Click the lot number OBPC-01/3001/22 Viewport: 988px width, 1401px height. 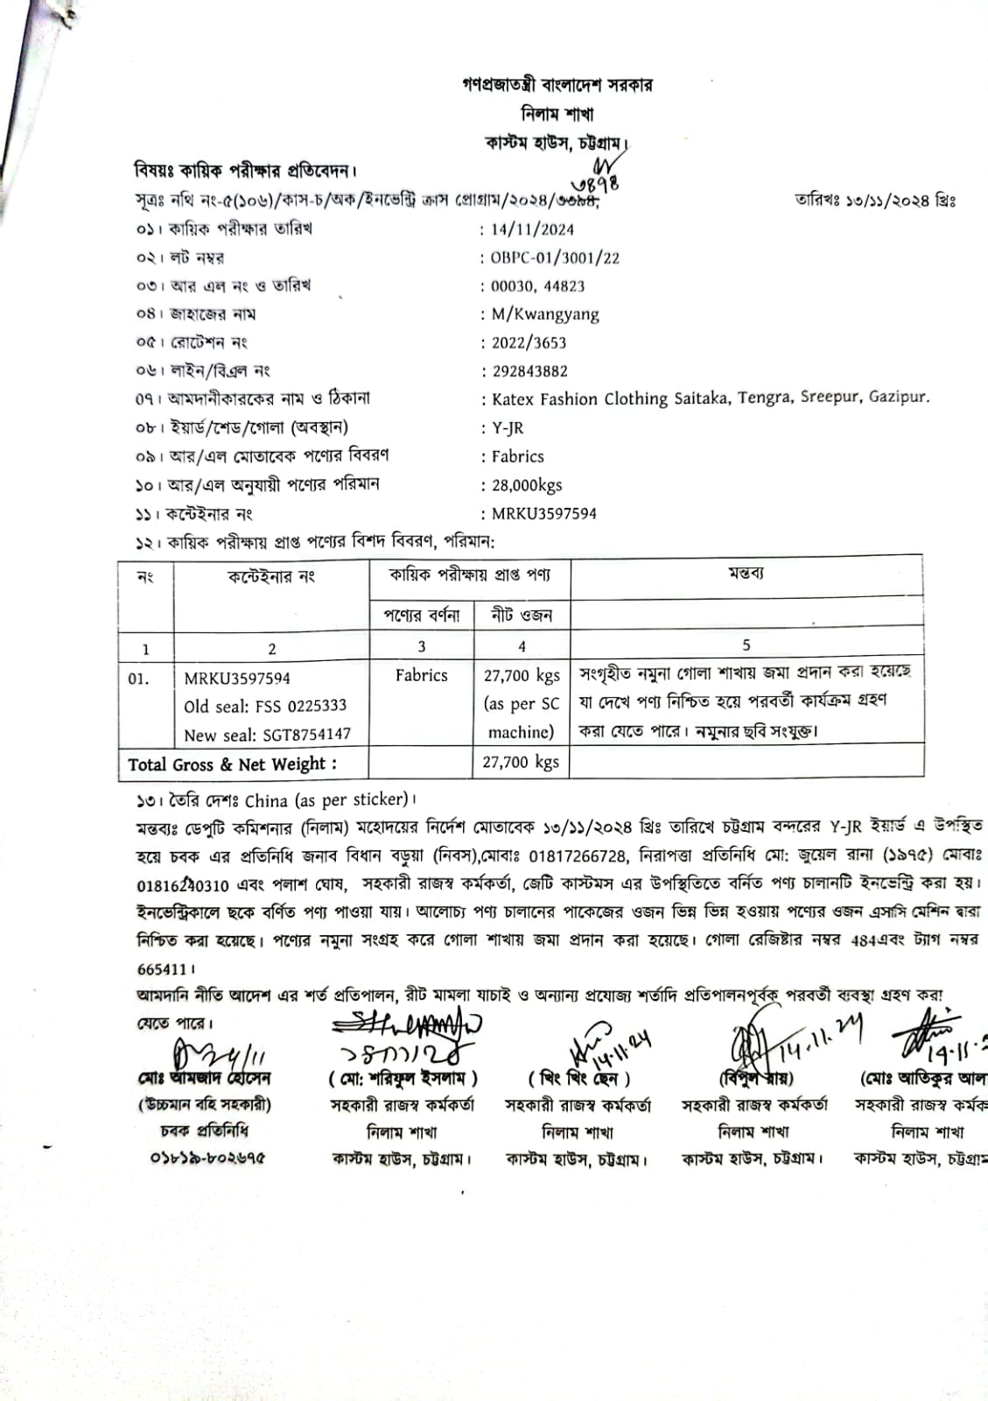tap(555, 257)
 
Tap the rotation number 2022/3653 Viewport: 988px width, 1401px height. tap(529, 342)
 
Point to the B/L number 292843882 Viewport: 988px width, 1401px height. tap(529, 370)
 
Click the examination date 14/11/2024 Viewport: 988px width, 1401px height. tap(532, 229)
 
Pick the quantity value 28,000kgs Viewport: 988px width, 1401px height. tap(527, 485)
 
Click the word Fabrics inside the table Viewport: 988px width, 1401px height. tap(421, 675)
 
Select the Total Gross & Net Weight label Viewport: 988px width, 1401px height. tap(232, 764)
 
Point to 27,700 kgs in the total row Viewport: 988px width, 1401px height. tap(521, 762)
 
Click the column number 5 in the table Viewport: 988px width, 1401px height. tap(746, 645)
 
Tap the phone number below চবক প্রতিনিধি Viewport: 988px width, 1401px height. tap(207, 1158)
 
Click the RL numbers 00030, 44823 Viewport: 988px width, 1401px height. tap(537, 285)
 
